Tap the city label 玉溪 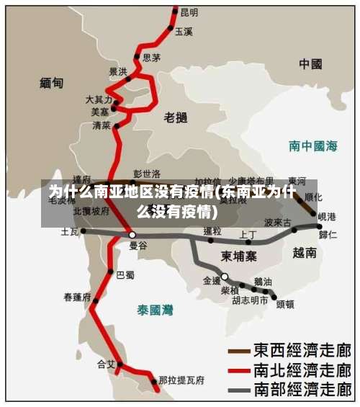click(x=184, y=32)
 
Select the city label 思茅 click(x=151, y=58)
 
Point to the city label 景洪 click(x=118, y=71)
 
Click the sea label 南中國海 click(x=313, y=146)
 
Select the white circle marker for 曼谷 click(x=132, y=235)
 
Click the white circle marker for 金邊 click(x=225, y=277)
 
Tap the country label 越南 click(x=305, y=253)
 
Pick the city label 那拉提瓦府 click(x=181, y=380)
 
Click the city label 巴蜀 click(x=125, y=274)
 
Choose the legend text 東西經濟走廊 click(x=302, y=351)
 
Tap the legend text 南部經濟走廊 click(x=302, y=390)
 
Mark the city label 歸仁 click(x=328, y=234)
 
